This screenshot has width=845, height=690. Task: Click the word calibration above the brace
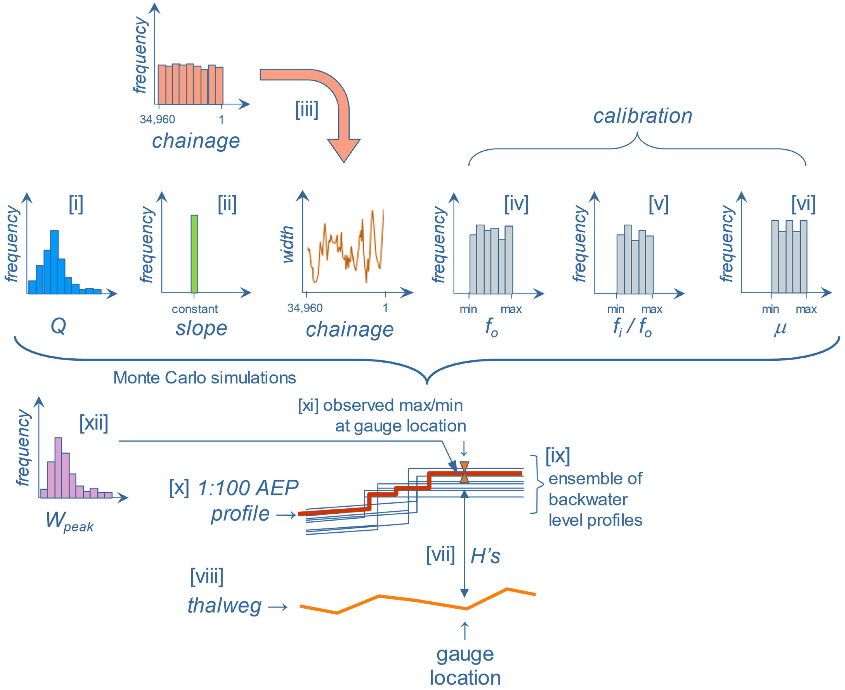(642, 116)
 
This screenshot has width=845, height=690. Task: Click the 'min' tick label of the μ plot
(770, 309)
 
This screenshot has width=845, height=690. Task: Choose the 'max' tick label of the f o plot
(511, 309)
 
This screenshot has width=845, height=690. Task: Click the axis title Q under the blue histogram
(58, 327)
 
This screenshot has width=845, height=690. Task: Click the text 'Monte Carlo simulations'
(205, 378)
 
